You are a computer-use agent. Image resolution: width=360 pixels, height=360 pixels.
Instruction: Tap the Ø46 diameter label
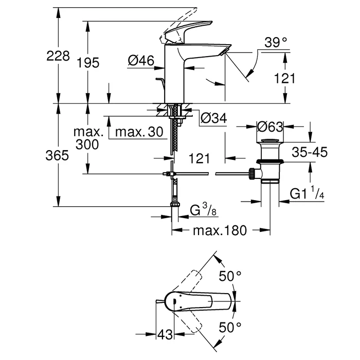coord(140,61)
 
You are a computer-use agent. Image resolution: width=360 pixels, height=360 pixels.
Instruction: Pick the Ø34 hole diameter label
coord(212,118)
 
